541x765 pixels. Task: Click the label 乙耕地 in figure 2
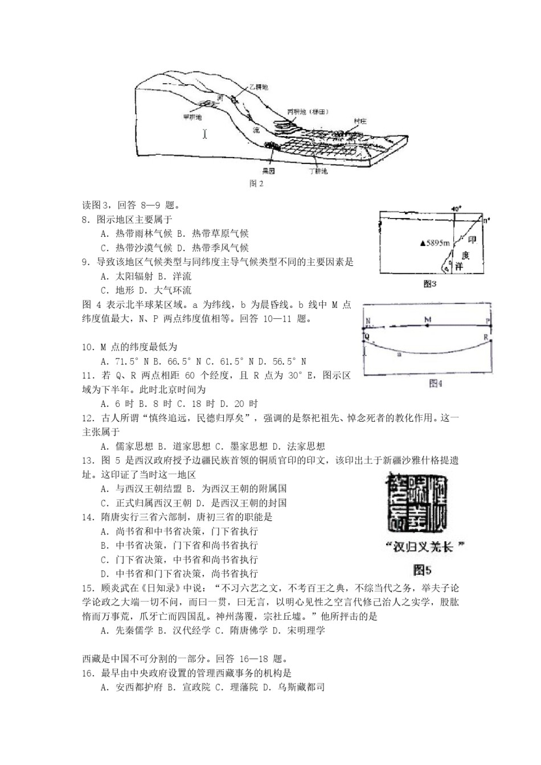(x=258, y=88)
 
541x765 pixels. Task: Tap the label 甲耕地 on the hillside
(x=192, y=117)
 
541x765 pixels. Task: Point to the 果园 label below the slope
(x=268, y=170)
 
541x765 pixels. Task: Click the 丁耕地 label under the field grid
(x=317, y=171)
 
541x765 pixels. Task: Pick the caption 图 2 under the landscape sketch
(x=256, y=184)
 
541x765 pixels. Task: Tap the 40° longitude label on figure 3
(x=455, y=208)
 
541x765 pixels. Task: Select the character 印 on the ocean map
(x=472, y=241)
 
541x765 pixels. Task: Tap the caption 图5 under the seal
(x=423, y=569)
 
